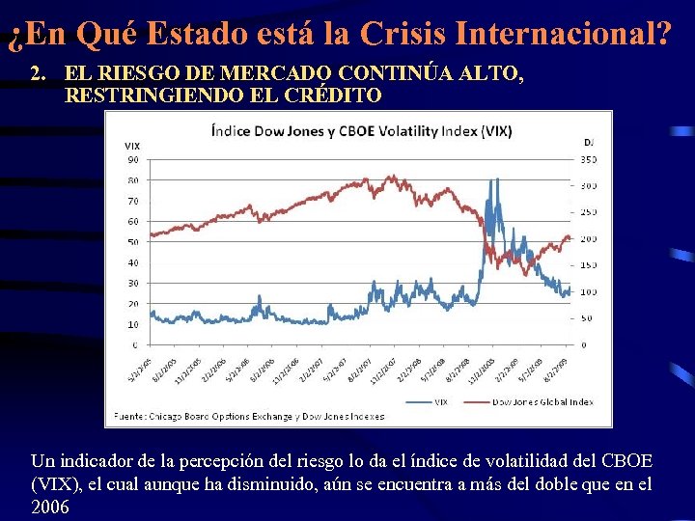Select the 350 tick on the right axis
pos(589,159)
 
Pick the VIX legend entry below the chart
pos(437,401)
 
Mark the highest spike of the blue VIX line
pos(495,180)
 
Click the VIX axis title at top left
pos(131,146)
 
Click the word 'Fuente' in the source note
pos(129,417)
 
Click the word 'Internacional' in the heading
pos(560,35)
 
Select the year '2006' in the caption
pos(50,507)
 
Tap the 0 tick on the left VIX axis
pos(134,344)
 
